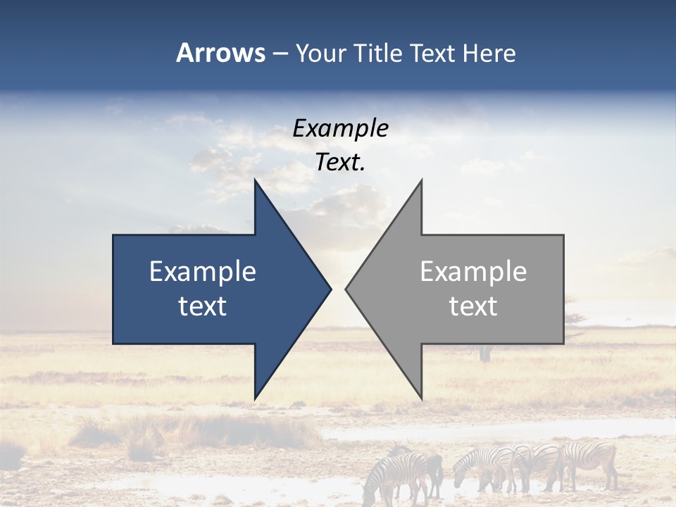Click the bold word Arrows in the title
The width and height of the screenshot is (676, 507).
[220, 53]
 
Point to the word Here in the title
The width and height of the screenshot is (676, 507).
[489, 53]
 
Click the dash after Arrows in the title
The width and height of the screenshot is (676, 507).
[280, 54]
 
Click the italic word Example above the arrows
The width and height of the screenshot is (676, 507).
[341, 129]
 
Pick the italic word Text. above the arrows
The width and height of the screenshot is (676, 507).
[341, 163]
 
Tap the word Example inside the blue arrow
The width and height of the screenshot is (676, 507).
[203, 272]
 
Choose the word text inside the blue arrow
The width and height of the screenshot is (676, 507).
[203, 306]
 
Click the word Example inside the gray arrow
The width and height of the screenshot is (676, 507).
[473, 272]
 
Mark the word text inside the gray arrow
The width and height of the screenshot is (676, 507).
[473, 306]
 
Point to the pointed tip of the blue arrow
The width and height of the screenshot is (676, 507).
[330, 289]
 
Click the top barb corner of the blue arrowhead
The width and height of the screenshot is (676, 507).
[256, 180]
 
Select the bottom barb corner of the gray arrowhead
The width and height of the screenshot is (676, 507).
[421, 398]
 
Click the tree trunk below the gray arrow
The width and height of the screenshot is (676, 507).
[484, 353]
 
